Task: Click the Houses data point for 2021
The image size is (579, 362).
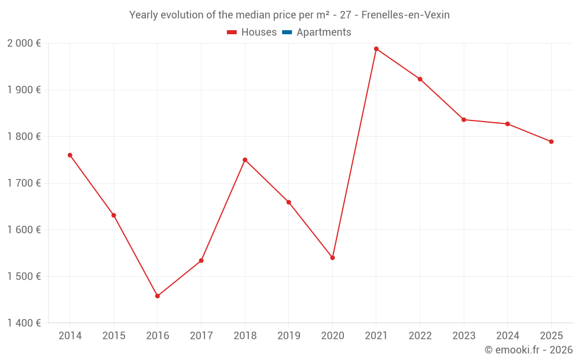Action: pos(376,49)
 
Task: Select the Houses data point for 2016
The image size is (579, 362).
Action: pos(157,296)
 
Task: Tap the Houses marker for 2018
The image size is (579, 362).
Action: pos(245,160)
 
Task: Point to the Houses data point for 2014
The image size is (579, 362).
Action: pos(70,155)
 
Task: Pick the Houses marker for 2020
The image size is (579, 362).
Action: pos(332,258)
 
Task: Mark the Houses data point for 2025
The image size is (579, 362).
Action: pos(551,141)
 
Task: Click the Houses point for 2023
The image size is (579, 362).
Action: pos(464,120)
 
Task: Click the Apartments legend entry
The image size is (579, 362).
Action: pos(323,32)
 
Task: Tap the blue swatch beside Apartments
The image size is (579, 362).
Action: pos(287,32)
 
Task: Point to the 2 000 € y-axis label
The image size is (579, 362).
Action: pos(24,43)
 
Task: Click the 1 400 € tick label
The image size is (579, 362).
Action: pos(24,323)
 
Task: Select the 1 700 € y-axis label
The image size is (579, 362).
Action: pos(24,183)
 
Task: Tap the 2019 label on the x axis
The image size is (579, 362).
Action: pos(288,336)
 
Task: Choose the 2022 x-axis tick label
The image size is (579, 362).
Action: pos(420,336)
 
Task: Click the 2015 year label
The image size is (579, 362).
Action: pos(113,336)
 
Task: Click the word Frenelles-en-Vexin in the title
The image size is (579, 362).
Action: pos(405,15)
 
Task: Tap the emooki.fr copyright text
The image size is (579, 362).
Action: pos(529,350)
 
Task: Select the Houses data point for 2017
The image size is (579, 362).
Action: pos(201,261)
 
